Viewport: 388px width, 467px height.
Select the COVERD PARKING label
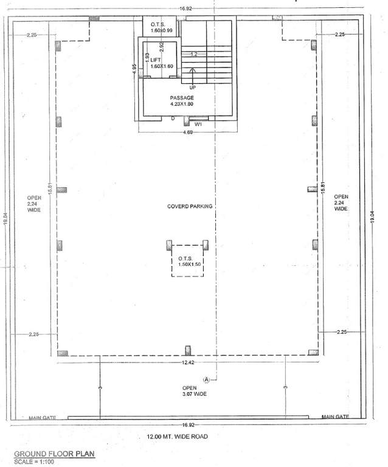point(190,207)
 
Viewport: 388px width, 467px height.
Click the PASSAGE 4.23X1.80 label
point(181,101)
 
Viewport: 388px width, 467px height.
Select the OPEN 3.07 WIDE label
point(194,391)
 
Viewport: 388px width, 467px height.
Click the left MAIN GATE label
point(43,418)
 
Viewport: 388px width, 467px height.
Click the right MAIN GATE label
point(336,417)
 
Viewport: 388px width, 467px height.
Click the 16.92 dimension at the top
point(185,9)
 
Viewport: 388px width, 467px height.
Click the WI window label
point(198,124)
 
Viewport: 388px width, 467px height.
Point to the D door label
point(173,118)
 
